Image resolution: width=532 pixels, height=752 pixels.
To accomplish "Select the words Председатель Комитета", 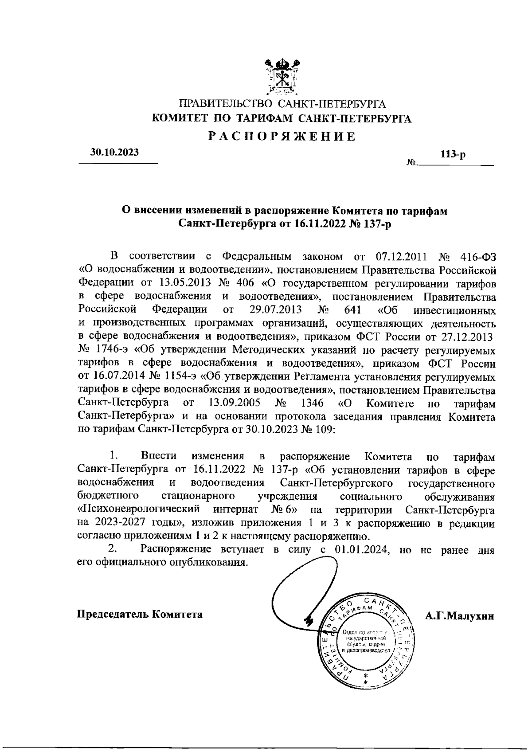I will click(x=140, y=615).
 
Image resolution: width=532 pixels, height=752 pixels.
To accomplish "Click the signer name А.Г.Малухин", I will click(x=459, y=615).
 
